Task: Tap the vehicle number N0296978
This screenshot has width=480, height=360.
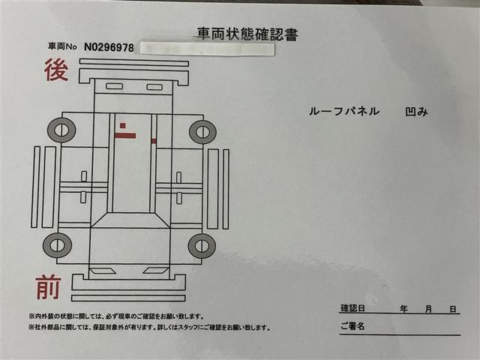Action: point(109,47)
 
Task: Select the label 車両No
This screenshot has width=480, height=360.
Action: point(63,47)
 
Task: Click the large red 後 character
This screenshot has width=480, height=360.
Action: point(55,71)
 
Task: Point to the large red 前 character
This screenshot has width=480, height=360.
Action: point(47,287)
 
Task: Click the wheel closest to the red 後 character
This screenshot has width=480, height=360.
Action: point(61,131)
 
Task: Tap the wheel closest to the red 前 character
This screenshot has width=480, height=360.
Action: point(58,244)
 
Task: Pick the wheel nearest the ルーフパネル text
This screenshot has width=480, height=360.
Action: point(202,131)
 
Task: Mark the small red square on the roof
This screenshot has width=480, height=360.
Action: point(121,125)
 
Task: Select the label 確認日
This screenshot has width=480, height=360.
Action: point(352,309)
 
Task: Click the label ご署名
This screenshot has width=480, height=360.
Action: point(352,326)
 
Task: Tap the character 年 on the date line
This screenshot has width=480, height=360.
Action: point(403,309)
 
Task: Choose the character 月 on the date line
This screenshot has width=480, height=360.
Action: point(428,309)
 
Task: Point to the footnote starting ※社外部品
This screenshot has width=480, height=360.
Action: point(149,327)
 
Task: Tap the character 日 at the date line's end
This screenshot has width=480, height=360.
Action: point(453,309)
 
